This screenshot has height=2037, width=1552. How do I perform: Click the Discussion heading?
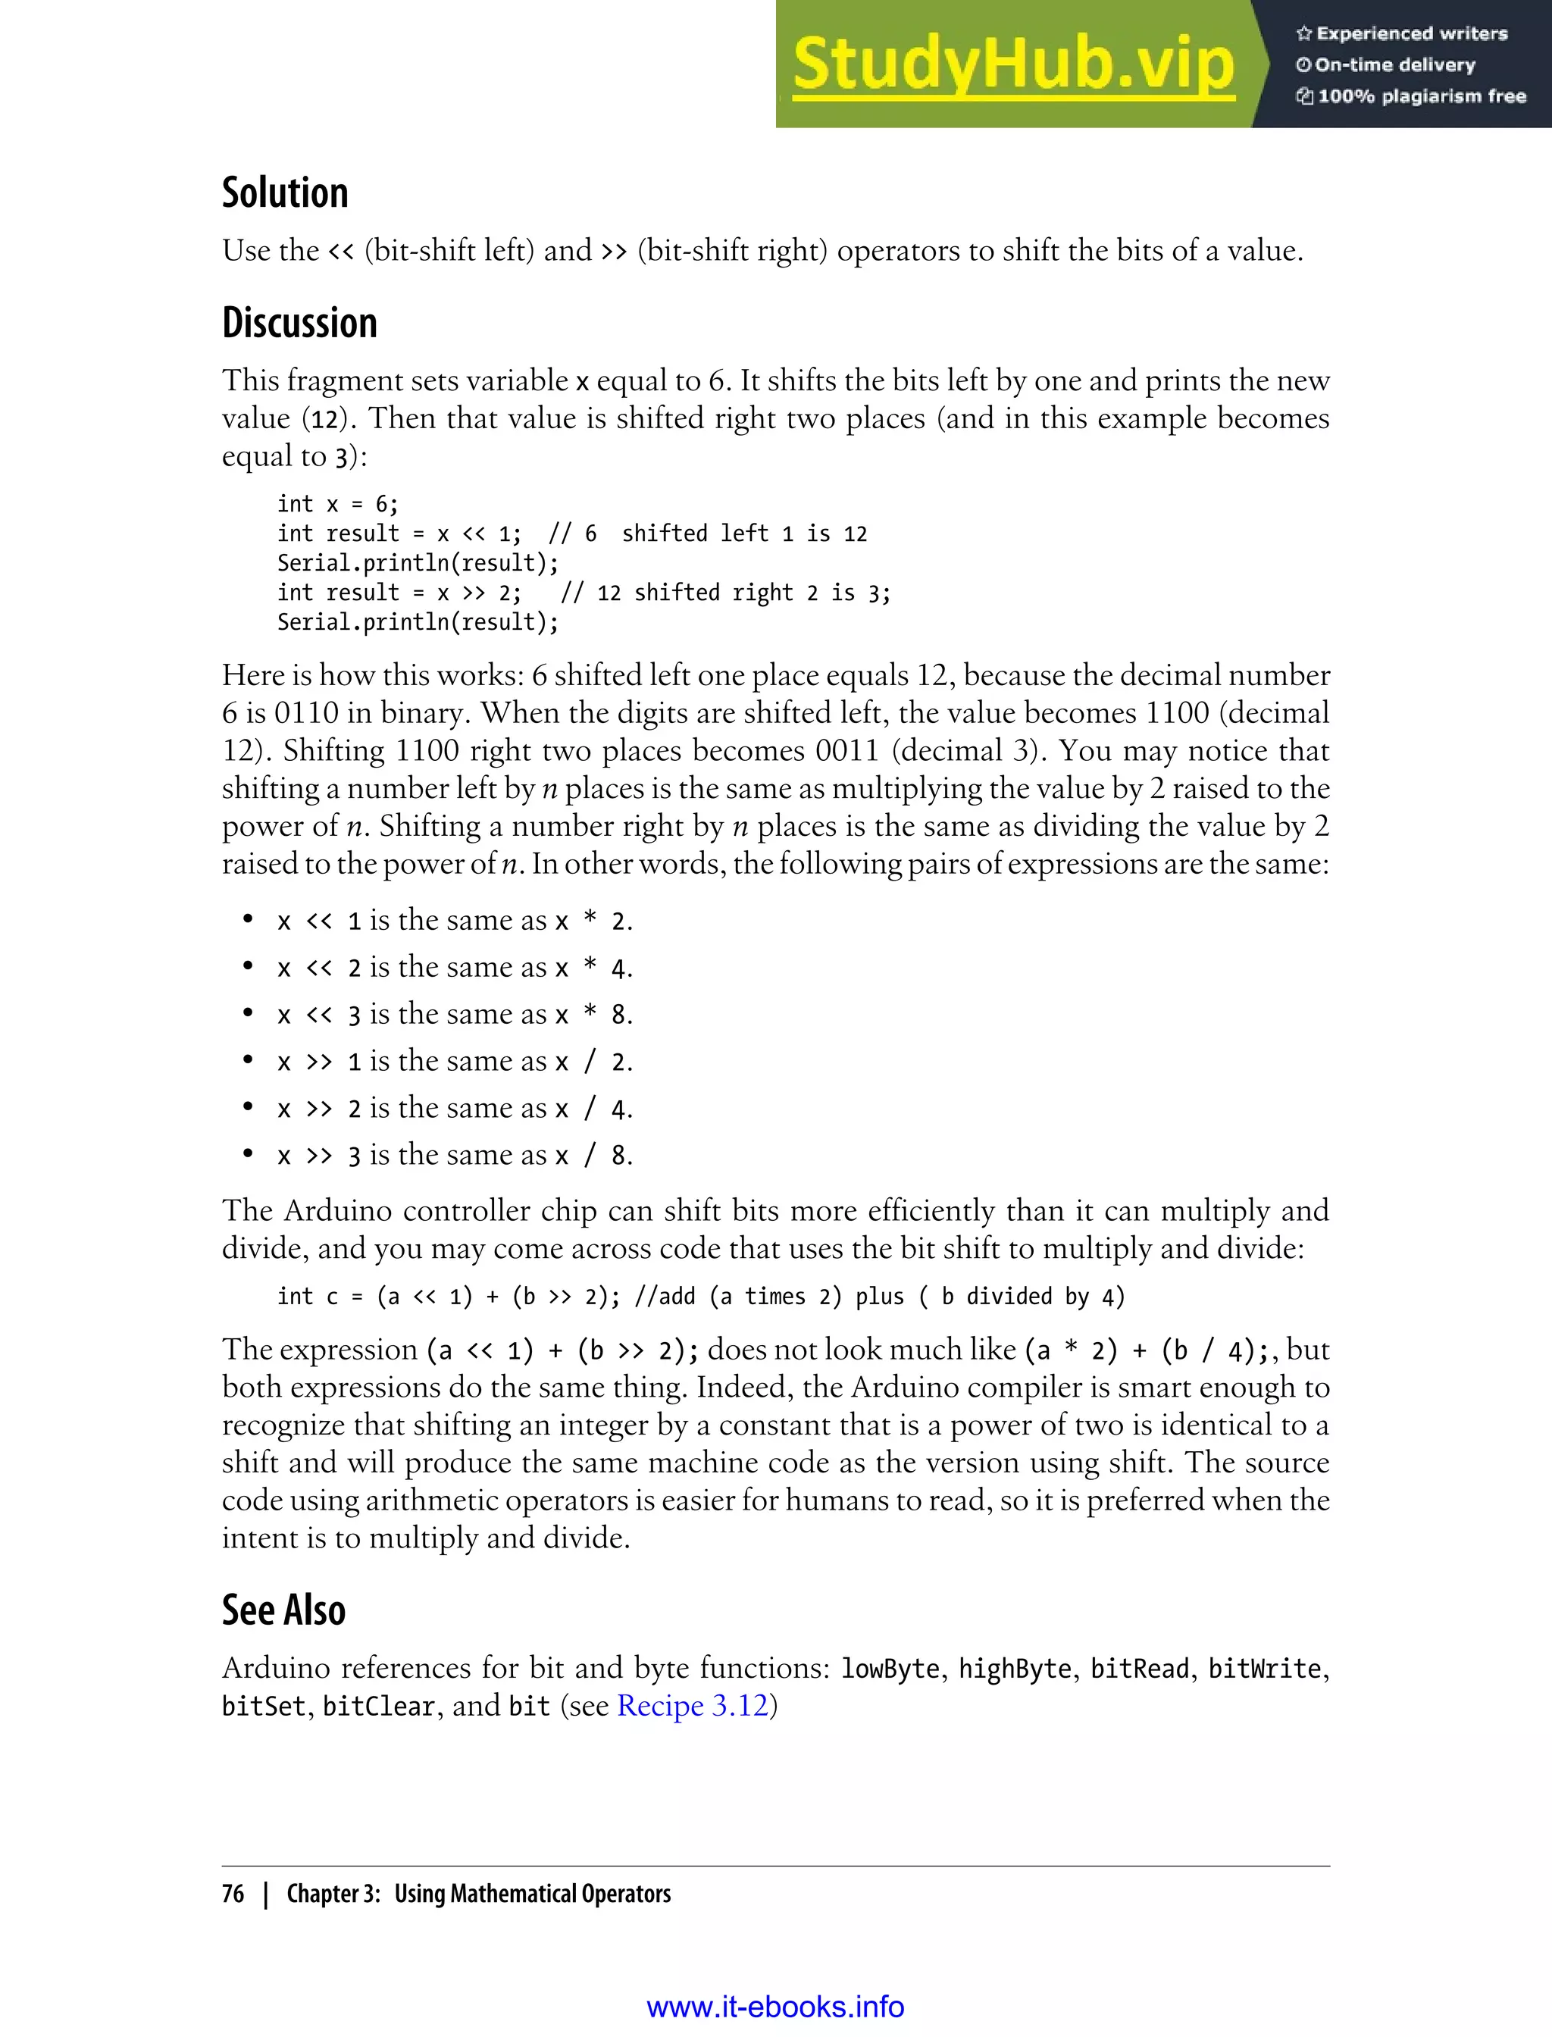pos(299,322)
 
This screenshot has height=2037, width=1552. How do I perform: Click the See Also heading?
pos(283,1610)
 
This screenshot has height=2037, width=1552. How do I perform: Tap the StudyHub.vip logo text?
pos(1013,63)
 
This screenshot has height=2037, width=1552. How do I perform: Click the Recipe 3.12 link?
pos(693,1705)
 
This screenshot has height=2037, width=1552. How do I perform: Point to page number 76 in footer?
pos(233,1893)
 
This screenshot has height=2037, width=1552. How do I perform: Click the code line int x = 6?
pos(337,503)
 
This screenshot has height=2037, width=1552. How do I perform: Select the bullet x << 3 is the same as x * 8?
pos(455,1015)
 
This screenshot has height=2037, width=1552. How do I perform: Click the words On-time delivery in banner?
pos(1394,64)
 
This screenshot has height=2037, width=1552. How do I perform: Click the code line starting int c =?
pos(700,1296)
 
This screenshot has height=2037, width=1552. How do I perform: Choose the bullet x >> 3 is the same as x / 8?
pos(455,1155)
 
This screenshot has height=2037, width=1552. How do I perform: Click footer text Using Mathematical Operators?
pos(532,1893)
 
